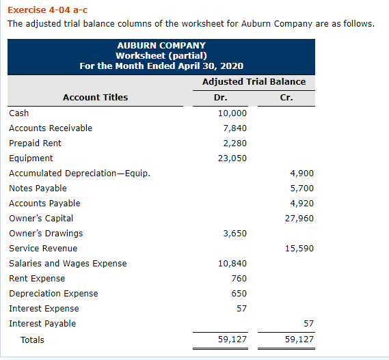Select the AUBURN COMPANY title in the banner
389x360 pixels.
161,45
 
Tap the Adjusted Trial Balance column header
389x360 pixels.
254,81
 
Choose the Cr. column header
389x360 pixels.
286,97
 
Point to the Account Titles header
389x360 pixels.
95,97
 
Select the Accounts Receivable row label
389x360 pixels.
51,128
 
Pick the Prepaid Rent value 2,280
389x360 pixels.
234,143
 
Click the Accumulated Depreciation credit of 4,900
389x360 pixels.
301,174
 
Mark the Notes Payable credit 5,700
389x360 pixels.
301,189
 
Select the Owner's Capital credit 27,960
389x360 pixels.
299,219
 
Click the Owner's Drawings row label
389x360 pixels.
46,234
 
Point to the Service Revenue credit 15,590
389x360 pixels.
299,249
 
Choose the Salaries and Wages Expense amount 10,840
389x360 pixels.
232,264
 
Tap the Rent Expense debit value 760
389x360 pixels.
239,279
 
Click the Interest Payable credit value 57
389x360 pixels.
308,324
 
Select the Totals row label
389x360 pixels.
32,340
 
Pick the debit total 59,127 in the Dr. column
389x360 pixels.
232,340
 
